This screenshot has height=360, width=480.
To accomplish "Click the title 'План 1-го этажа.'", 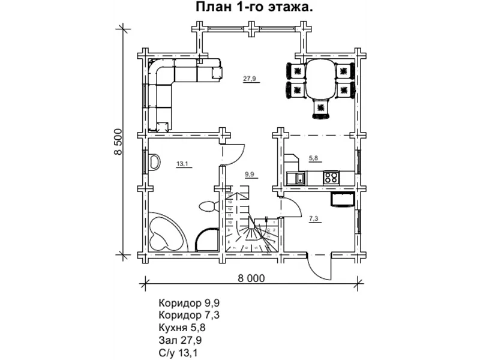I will [253, 8].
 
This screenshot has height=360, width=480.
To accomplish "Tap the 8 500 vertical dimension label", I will [118, 142].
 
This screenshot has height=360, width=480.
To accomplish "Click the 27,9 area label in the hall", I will [250, 79].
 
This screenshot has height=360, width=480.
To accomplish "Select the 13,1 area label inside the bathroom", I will [182, 163].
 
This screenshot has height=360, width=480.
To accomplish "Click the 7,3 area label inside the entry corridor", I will [314, 219].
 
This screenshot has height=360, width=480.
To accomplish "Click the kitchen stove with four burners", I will [331, 177].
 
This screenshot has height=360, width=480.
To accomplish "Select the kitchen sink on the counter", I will [294, 178].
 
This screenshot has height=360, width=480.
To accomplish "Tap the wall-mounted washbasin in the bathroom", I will [154, 162].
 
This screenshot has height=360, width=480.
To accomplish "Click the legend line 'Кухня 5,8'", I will [182, 327].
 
